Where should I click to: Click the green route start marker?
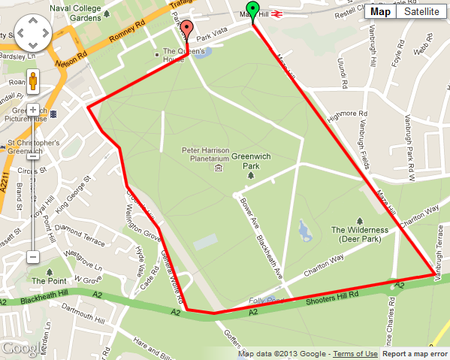pos(253,10)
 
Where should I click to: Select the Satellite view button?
pos(421,11)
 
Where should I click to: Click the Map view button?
pos(381,11)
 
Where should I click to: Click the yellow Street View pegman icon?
pos(33,80)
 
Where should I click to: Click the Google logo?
pos(23,349)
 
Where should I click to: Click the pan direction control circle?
pos(32,35)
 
